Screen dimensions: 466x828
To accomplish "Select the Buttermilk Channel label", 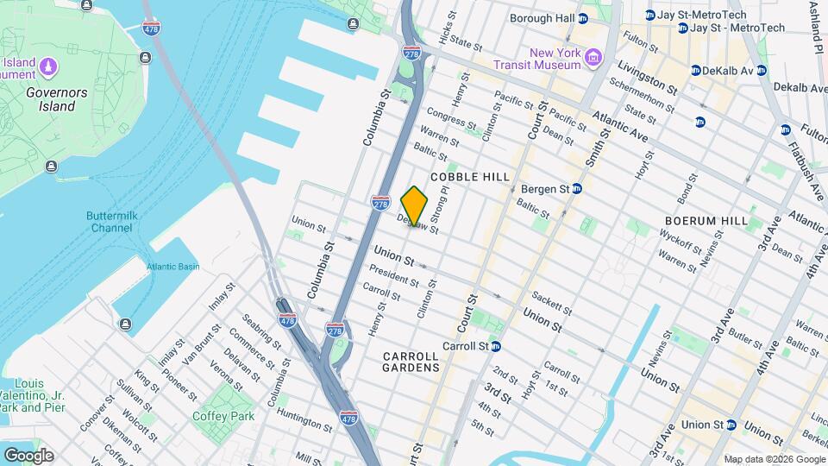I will [109, 222].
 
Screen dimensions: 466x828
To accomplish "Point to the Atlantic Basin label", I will [172, 267].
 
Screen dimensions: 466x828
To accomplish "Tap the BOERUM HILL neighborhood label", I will [706, 221].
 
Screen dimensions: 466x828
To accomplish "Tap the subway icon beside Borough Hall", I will [583, 18].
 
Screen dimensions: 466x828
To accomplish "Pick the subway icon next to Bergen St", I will [576, 188].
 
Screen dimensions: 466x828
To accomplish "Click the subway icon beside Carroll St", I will [496, 346].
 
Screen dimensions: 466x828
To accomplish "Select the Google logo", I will [28, 455].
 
